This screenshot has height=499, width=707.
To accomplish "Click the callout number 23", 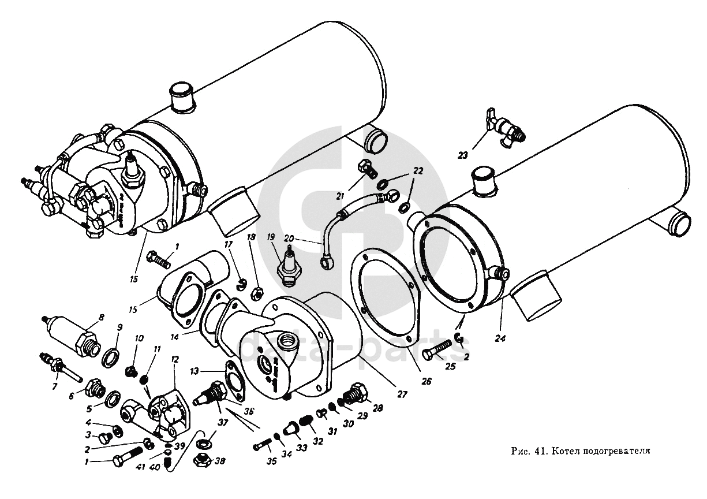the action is coord(462,155).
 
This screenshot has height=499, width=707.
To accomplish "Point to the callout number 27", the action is coord(402,394).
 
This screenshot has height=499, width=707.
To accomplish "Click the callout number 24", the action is coord(500,338).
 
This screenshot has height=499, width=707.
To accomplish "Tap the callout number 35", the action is coord(271,461).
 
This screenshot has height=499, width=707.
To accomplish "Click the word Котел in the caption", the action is coord(564,450).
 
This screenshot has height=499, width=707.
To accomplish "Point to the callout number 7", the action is coord(55,386).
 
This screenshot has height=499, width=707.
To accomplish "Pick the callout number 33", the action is coord(302,447).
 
